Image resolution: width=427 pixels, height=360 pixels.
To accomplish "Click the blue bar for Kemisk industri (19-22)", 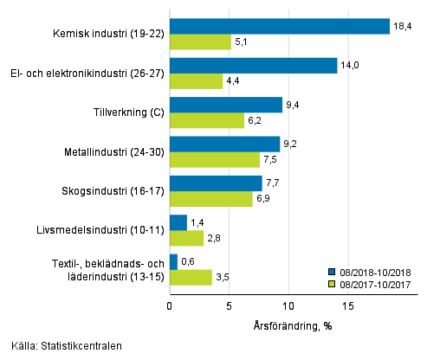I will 279,26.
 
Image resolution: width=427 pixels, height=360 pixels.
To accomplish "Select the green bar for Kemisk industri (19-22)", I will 200,42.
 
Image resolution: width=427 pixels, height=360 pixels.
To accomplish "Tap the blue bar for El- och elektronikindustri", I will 253,66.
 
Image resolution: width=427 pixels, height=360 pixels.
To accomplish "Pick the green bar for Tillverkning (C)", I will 206,120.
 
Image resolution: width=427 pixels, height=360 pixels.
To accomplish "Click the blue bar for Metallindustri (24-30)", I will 224,144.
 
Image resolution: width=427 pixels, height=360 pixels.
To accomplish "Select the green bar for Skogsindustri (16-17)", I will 210,199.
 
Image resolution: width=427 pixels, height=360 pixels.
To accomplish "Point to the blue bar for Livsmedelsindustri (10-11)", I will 178,222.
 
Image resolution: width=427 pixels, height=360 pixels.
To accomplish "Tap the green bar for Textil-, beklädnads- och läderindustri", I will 191,277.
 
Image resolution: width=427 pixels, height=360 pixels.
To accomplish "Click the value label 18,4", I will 403,27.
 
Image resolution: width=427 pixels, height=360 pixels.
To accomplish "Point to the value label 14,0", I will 350,66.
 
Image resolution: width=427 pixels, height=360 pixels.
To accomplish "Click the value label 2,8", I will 215,238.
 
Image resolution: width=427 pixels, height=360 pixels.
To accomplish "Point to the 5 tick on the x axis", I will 229,305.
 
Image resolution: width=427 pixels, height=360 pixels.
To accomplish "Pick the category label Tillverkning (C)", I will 127,112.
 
